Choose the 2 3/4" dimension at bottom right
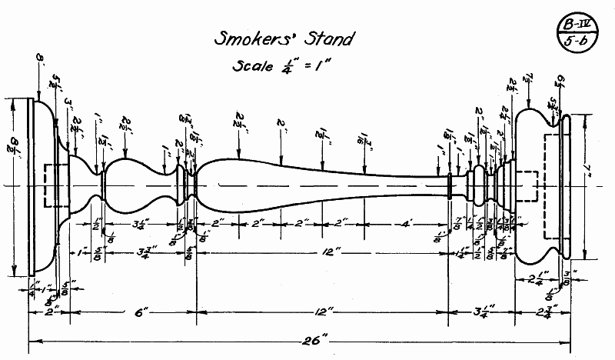coord(542,312)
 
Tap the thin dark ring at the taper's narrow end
coord(450,186)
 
